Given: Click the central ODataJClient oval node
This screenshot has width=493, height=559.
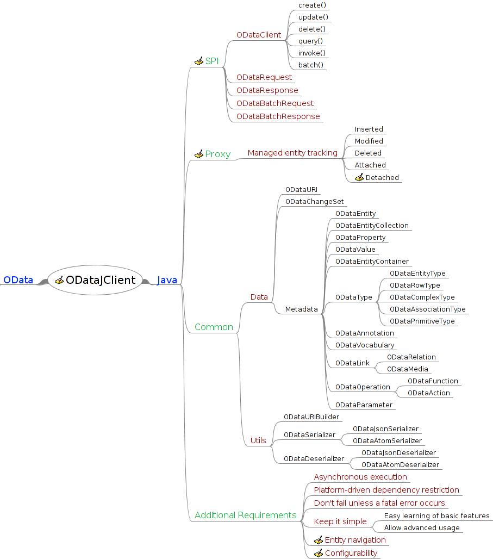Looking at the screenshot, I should tap(95, 280).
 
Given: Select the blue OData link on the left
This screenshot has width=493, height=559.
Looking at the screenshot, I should tap(18, 280).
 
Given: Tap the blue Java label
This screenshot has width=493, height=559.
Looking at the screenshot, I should tap(167, 280).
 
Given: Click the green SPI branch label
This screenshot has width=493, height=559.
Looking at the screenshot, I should tap(211, 61).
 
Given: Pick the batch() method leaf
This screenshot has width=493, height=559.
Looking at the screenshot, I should tap(311, 65).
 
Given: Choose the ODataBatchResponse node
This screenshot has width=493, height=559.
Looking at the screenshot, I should tap(278, 116).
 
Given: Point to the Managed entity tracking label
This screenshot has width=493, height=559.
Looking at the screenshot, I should tap(292, 153).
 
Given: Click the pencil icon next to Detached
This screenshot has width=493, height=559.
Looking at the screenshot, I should tap(359, 177).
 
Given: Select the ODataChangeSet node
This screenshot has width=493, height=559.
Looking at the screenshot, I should tap(314, 202).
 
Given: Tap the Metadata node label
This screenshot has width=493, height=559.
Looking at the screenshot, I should tap(302, 309).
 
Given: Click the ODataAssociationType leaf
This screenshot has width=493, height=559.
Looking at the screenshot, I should tap(427, 309).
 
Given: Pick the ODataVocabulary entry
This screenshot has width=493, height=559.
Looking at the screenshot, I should tap(365, 345).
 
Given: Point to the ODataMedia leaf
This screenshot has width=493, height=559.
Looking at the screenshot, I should tap(407, 369).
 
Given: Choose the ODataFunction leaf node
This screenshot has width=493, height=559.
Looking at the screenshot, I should tap(433, 381).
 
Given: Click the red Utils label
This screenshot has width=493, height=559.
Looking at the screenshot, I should tap(258, 440).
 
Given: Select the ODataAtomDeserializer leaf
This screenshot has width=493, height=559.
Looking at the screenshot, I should tap(400, 465).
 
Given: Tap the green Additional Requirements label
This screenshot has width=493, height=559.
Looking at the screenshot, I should tap(245, 515).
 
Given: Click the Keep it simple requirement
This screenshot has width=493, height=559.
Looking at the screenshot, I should tap(340, 521).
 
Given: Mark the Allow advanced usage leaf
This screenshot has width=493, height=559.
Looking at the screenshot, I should tap(421, 528).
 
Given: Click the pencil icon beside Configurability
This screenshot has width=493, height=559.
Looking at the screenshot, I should tap(319, 553).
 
